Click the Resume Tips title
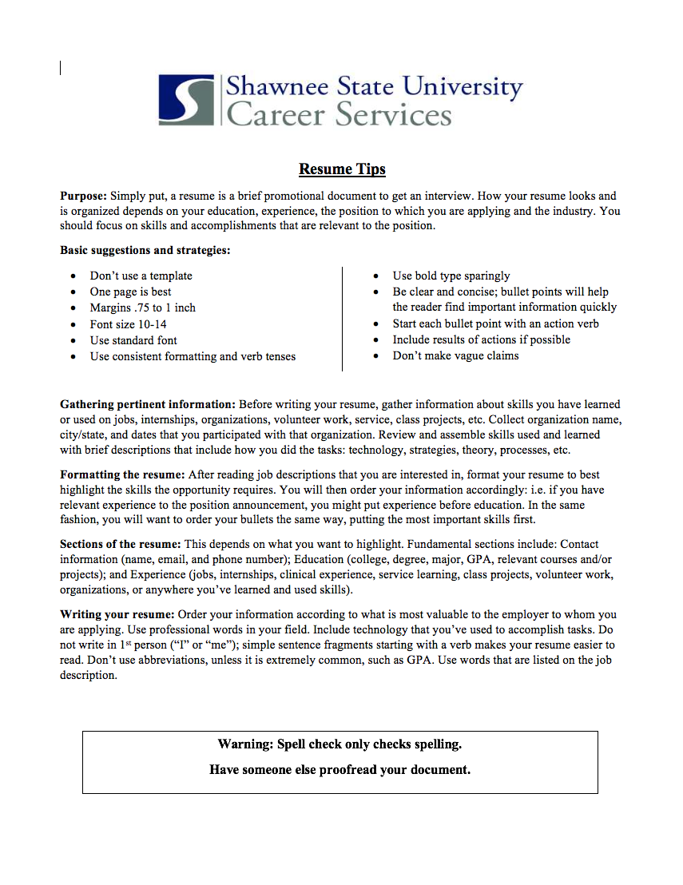click(x=342, y=169)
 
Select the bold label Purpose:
click(x=84, y=196)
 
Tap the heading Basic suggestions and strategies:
click(x=145, y=250)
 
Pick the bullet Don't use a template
click(x=141, y=276)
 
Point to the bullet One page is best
click(x=130, y=292)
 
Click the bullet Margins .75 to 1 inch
click(x=142, y=308)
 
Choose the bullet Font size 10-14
click(x=128, y=324)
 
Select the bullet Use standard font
click(x=133, y=340)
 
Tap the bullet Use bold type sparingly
click(x=451, y=276)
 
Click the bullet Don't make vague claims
click(x=455, y=355)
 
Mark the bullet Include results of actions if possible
click(x=481, y=339)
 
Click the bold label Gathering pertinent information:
click(x=148, y=404)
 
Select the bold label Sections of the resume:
click(x=121, y=544)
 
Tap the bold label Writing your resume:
click(x=117, y=614)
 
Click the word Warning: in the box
click(x=245, y=744)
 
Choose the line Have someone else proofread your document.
click(x=340, y=770)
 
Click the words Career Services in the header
click(x=340, y=114)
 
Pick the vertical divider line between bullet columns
click(x=342, y=319)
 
